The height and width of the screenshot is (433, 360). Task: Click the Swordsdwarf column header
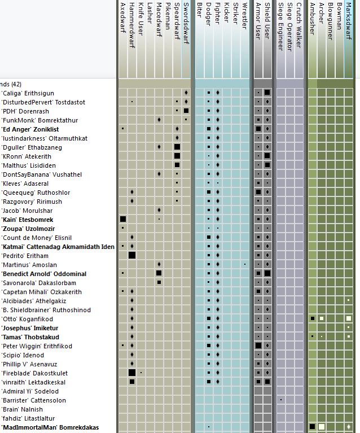pos(186,24)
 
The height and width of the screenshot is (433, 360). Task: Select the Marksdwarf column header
pos(349,21)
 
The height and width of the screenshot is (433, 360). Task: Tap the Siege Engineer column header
pos(281,27)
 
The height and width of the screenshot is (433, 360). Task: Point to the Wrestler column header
pos(244,16)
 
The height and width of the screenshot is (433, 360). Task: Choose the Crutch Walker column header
pos(298,25)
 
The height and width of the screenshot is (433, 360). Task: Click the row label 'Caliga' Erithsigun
pos(28,93)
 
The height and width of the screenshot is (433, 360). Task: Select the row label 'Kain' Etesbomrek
pos(27,220)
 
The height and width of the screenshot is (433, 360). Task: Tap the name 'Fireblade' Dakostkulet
pos(34,373)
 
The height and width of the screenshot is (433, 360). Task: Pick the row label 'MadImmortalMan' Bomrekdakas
pos(50,427)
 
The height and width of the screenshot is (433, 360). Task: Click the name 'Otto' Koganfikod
pos(27,319)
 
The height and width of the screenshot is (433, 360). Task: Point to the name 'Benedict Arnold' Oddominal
pos(44,274)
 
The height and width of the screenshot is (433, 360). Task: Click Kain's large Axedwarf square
pos(123,219)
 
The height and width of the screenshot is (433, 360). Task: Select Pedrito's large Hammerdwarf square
pos(132,255)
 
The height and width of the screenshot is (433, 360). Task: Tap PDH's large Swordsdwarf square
pos(186,111)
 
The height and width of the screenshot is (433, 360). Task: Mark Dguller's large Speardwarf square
pos(177,147)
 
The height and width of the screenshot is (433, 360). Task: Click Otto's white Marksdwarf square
pos(349,318)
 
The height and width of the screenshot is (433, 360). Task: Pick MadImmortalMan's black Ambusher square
pos(312,427)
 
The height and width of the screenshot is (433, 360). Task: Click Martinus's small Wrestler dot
pos(245,264)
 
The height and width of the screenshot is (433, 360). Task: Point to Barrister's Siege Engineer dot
pos(281,400)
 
